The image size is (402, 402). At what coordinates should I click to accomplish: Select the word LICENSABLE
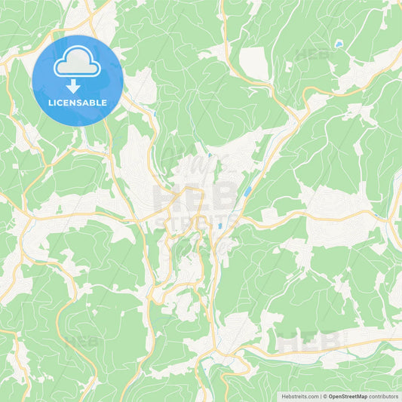pos(77,103)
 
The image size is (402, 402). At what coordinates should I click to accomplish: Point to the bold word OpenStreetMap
pos(348,396)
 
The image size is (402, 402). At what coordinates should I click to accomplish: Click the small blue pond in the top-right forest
pos(339,45)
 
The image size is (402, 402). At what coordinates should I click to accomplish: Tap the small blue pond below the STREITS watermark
pos(219,226)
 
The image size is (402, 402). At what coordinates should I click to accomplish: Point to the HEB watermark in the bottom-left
pos(81,341)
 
